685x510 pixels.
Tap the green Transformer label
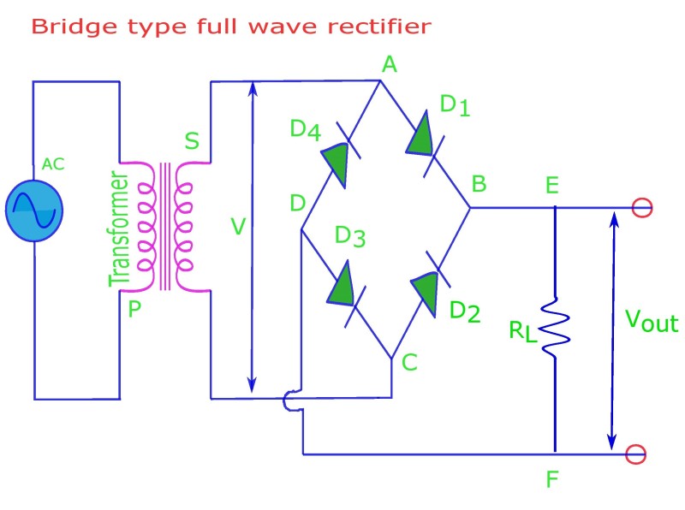pyautogui.click(x=119, y=230)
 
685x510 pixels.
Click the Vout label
pyautogui.click(x=651, y=323)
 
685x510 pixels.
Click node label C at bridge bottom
pyautogui.click(x=408, y=363)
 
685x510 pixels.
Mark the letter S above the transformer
pyautogui.click(x=193, y=140)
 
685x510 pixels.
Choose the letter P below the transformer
pyautogui.click(x=134, y=309)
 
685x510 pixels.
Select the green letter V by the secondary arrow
pyautogui.click(x=240, y=227)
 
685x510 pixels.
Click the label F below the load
pyautogui.click(x=552, y=479)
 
